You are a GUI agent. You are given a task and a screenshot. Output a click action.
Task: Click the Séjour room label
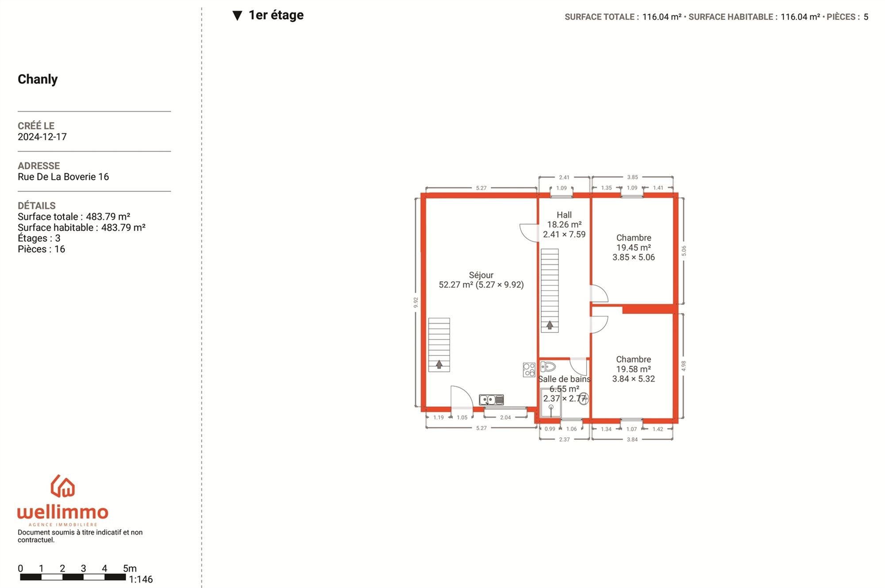point(481,275)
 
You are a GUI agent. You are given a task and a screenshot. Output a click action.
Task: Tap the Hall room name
point(564,215)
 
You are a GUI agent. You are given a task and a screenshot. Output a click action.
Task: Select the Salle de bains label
point(564,379)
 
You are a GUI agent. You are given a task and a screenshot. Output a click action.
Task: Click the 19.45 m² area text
point(634,248)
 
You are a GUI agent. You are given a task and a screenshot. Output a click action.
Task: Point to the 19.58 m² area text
point(634,369)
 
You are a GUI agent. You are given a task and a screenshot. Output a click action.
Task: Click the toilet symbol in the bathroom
point(548,367)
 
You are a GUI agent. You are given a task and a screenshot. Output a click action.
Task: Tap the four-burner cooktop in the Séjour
point(529,370)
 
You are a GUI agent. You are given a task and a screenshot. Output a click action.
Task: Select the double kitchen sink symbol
point(491,400)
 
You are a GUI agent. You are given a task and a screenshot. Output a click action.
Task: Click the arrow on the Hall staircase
point(550,325)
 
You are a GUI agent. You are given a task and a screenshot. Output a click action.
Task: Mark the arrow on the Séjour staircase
point(439,364)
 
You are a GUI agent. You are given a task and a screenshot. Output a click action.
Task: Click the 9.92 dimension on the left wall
point(416,302)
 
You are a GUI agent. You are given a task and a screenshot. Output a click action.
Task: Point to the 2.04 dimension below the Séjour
point(505,417)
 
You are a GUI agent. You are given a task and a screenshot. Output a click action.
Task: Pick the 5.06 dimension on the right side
point(684,251)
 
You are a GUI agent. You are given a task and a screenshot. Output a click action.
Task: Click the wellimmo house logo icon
point(63,486)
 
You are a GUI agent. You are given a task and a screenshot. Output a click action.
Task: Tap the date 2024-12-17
point(42,137)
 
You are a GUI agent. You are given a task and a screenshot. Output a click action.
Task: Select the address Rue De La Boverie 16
point(63,177)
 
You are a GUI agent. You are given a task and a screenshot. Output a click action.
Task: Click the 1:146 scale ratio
point(141,579)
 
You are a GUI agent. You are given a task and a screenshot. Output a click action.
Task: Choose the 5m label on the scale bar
point(130,569)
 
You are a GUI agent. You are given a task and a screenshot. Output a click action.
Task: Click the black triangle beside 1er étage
point(237,16)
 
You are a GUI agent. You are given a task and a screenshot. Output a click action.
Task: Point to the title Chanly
point(38,79)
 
